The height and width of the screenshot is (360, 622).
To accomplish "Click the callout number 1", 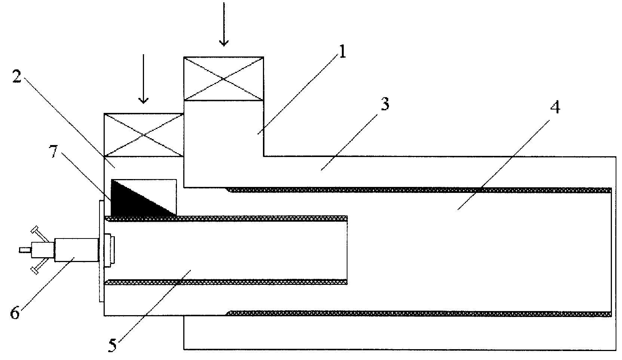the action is (x=343, y=52).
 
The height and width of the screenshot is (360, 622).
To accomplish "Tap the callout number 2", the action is (x=17, y=76).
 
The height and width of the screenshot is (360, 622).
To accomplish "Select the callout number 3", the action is (x=385, y=104).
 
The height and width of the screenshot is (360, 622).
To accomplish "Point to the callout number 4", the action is (x=555, y=107).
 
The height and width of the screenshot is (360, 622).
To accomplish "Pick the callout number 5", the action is (x=112, y=345).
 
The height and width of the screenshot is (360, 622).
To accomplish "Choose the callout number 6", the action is (x=15, y=313).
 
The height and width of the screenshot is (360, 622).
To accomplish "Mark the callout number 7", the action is (x=53, y=151).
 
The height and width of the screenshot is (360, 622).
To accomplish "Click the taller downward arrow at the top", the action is (x=224, y=24).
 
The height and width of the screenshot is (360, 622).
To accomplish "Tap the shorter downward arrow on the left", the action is (x=143, y=79).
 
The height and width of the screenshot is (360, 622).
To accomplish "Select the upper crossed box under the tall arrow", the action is (x=224, y=79).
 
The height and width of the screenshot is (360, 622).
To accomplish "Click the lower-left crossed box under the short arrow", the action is (x=144, y=135).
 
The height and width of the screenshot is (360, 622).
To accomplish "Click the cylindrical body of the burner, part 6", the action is (x=77, y=250).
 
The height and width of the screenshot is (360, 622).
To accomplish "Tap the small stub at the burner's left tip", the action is (x=25, y=250).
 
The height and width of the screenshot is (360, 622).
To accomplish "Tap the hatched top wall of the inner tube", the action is (x=226, y=218).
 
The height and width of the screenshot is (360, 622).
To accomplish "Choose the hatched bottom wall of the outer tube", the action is (x=419, y=314).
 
